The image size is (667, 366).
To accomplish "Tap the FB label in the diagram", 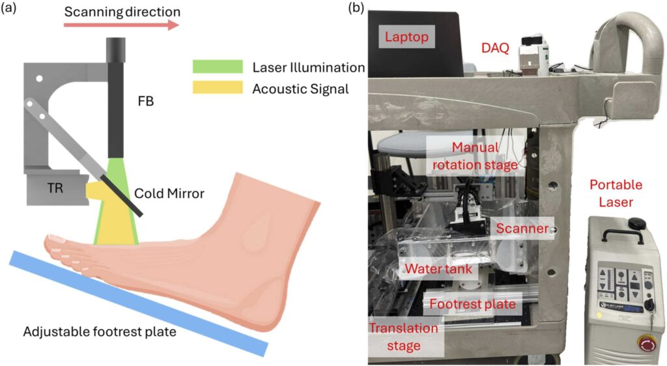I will pyautogui.click(x=146, y=102).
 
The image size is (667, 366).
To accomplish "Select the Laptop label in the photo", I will pyautogui.click(x=407, y=38).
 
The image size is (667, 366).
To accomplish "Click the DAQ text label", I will pyautogui.click(x=495, y=48).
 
